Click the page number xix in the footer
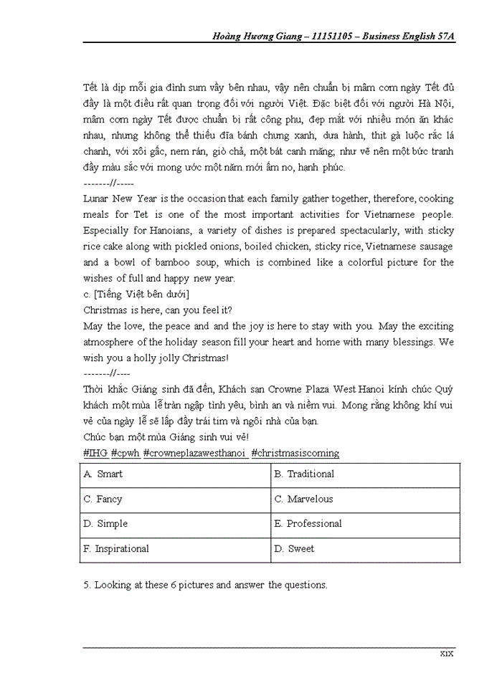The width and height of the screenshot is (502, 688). pos(447,654)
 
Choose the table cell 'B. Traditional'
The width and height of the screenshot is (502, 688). pos(303,474)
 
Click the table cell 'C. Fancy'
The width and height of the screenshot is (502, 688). pos(103,500)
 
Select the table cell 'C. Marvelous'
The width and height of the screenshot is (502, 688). pos(303,500)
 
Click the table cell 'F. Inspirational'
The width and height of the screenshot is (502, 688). pos(116,549)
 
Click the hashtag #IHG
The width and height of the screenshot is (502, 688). pos(95,454)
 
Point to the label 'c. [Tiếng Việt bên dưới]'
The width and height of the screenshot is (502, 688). pos(136,295)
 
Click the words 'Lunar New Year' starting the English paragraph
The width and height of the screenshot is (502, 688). pos(117,199)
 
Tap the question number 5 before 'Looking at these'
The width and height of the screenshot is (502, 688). pos(87,586)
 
